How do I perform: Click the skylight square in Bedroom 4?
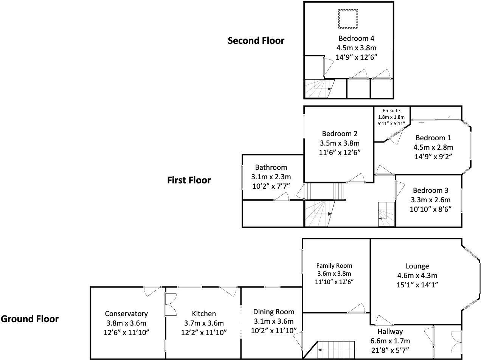click(348, 19)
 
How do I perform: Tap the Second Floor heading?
click(256, 40)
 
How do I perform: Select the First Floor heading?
click(189, 180)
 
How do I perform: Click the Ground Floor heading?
click(29, 319)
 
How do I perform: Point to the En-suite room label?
click(391, 111)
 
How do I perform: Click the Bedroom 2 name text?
click(339, 133)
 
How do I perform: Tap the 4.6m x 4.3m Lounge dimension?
click(417, 275)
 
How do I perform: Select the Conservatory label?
click(126, 313)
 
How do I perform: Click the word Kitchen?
click(204, 313)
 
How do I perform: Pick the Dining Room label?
click(273, 312)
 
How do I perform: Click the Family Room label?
click(334, 265)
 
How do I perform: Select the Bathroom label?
click(271, 167)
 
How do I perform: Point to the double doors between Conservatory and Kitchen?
click(170, 304)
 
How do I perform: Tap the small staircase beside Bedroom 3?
click(386, 214)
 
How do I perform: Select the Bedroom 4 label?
click(356, 38)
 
